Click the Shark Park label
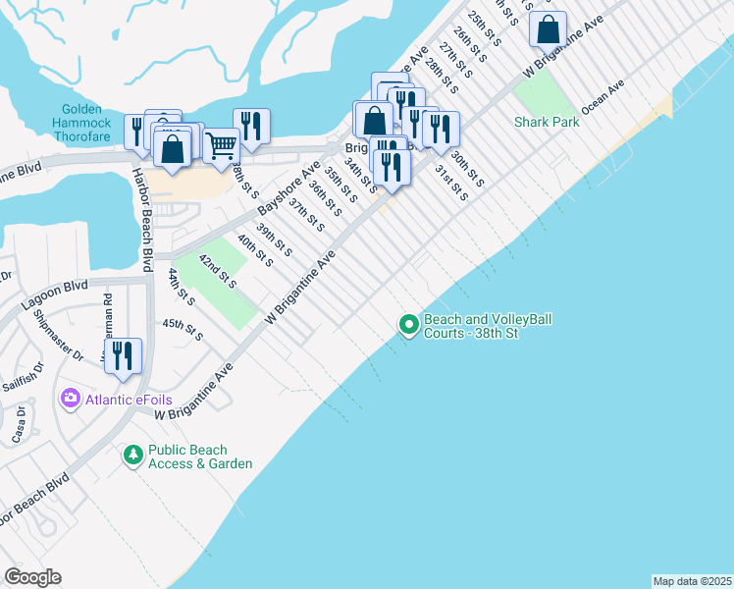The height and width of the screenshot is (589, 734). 547,122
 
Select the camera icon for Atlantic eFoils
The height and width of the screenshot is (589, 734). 70,398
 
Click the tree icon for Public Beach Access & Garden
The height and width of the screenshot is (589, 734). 132,455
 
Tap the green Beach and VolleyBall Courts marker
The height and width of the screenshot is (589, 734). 408,323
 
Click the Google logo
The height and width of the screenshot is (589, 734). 32,577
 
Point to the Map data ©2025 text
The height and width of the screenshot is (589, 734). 692,581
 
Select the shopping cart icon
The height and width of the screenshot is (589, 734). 223,146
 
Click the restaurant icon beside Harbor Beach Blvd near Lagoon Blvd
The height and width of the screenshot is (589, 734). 123,354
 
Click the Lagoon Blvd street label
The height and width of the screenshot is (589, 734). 64,289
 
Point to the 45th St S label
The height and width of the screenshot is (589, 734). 183,330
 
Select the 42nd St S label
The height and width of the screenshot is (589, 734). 218,272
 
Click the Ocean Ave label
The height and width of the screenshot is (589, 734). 603,97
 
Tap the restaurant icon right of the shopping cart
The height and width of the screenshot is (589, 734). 252,125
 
